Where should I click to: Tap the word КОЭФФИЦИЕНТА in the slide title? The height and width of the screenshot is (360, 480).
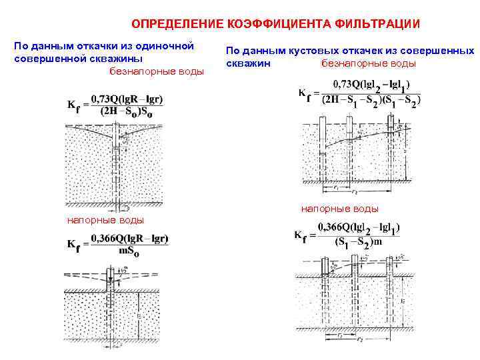coord(275,24)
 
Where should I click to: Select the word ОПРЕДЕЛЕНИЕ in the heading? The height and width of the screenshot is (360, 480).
coord(178,24)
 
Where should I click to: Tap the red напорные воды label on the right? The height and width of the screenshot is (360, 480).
coord(340,209)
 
